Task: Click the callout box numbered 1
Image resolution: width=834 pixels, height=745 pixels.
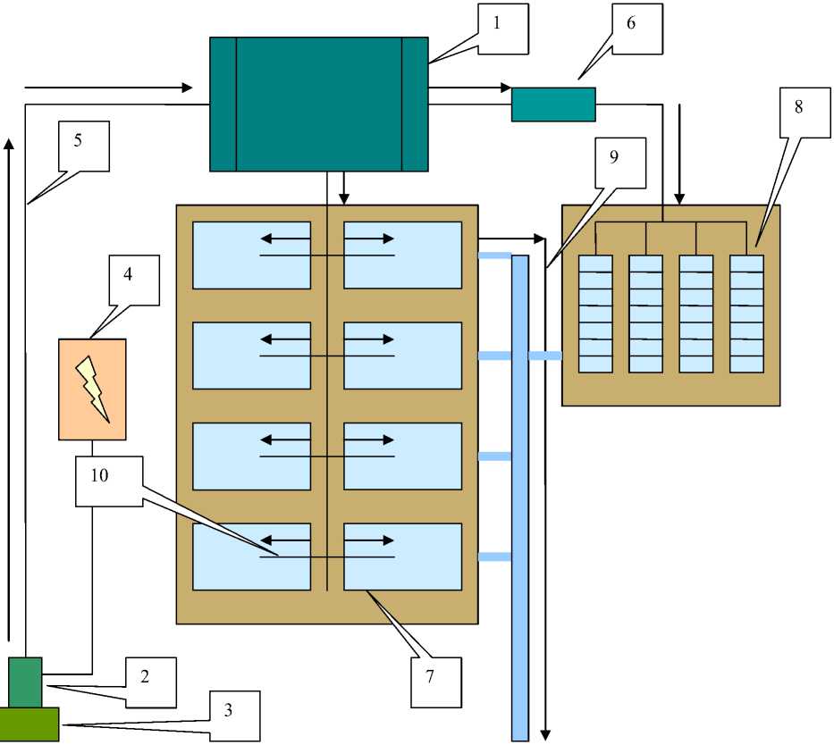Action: tap(501, 28)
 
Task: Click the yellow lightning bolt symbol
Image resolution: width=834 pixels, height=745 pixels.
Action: tap(93, 389)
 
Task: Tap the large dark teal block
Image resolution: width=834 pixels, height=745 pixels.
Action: tap(318, 104)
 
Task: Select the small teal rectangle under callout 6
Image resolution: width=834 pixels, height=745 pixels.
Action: tap(553, 104)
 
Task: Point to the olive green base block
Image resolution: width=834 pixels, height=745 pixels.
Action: tap(29, 724)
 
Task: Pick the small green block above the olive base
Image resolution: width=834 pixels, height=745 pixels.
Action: tap(25, 682)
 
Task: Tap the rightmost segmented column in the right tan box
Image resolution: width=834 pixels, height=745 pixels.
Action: tap(746, 314)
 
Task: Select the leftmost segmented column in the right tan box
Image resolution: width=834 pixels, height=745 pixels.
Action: tap(596, 314)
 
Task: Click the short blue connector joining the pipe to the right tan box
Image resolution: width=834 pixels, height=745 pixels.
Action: tap(544, 356)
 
